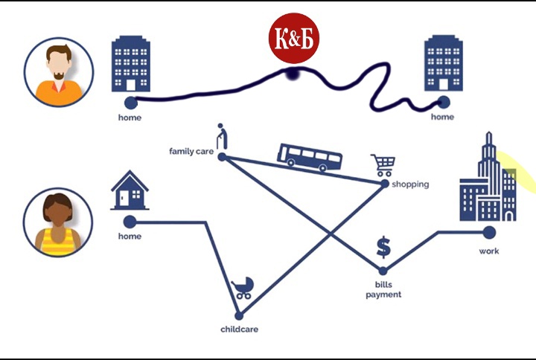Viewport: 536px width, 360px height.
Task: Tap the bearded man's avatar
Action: tap(58, 72)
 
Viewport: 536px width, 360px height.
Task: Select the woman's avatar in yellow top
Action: tap(58, 222)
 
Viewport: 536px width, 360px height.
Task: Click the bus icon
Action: tap(310, 156)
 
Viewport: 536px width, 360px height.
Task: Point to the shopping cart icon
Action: tap(382, 165)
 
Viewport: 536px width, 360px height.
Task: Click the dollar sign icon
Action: tap(383, 246)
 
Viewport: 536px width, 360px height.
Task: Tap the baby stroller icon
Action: tap(243, 289)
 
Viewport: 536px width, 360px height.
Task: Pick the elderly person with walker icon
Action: tap(221, 136)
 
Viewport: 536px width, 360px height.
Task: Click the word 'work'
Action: tap(489, 251)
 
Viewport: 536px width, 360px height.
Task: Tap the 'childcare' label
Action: tap(239, 329)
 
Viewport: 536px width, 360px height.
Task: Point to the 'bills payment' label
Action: tap(383, 289)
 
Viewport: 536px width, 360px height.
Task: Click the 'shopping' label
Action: tap(410, 184)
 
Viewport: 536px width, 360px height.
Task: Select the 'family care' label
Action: tap(191, 152)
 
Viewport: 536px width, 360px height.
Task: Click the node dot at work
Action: tap(489, 233)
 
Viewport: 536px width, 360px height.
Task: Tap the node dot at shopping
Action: tap(384, 184)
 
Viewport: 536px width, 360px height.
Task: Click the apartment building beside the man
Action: tap(131, 65)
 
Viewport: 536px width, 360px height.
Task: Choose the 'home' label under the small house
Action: tap(130, 237)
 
